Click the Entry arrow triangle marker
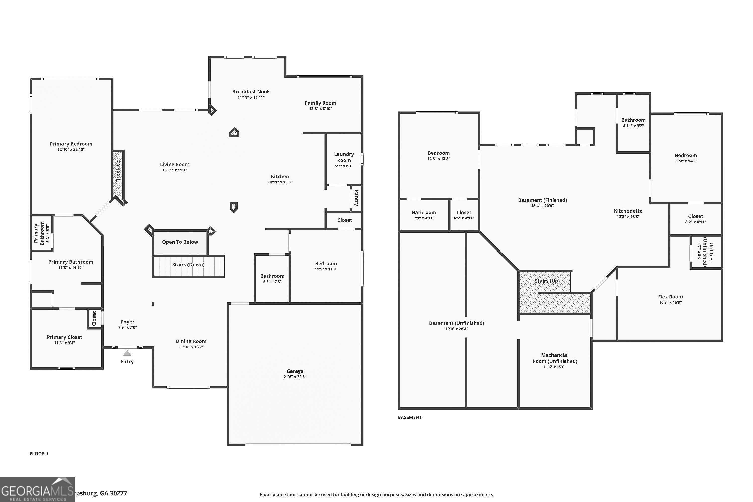127,353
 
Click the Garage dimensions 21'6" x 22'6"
295,377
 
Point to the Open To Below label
180,242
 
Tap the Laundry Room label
344,157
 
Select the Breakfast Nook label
251,92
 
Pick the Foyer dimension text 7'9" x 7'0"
128,327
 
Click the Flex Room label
670,297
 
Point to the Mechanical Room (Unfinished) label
554,358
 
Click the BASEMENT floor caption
409,417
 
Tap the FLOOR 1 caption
39,453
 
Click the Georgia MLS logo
37,489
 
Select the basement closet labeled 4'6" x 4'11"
464,215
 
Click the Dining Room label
191,341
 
